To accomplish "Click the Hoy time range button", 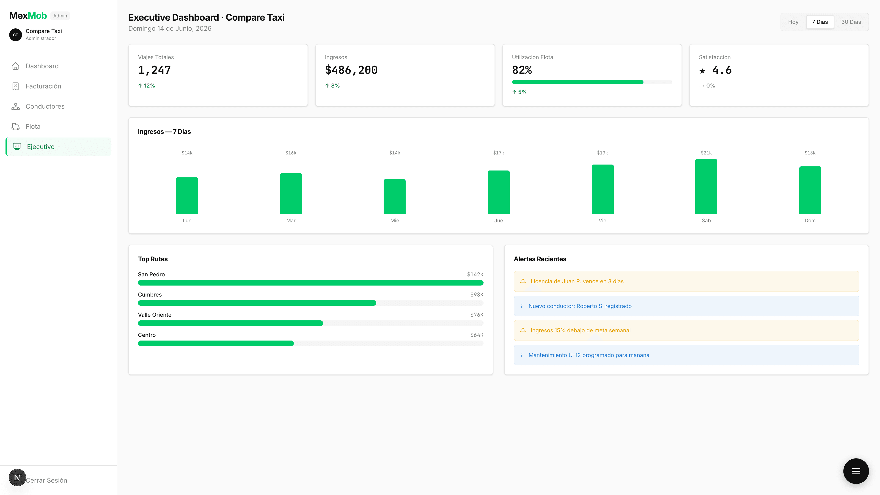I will [793, 22].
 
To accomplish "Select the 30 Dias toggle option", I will [851, 22].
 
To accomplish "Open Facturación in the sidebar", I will [43, 86].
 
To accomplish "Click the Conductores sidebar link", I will [45, 106].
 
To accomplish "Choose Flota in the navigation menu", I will [33, 126].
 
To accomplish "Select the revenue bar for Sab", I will [706, 187].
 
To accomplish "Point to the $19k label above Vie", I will [602, 153].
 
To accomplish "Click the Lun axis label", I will [187, 220].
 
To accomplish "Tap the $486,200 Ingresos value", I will [351, 70].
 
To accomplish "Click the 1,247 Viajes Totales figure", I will [154, 70].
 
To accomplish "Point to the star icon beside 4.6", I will [702, 71].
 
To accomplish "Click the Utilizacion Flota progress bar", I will [592, 82].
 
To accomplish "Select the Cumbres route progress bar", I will [310, 303].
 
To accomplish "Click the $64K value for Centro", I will [477, 335].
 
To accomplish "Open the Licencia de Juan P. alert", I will [686, 281].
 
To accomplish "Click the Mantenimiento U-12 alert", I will [686, 355].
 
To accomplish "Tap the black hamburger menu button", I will [855, 471].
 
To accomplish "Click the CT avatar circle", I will [15, 35].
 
